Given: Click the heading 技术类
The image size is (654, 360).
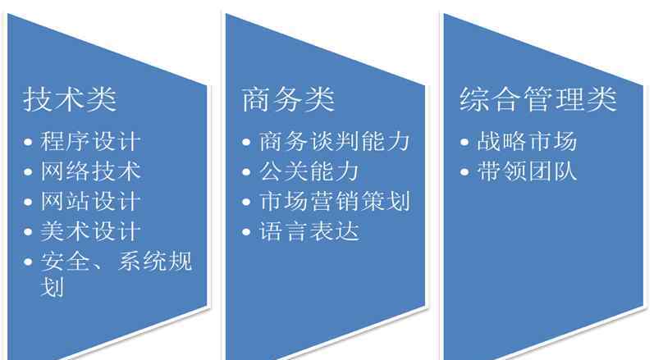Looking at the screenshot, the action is (x=70, y=99).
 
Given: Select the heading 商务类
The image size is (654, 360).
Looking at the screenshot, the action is (x=288, y=99).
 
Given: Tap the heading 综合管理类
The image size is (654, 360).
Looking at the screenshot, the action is (x=538, y=99).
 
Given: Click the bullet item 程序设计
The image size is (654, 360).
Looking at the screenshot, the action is (x=90, y=141).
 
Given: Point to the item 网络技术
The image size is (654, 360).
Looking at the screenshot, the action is (x=90, y=171).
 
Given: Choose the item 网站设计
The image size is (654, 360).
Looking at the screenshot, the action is (x=90, y=201).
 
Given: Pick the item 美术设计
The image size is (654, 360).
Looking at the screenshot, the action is (x=90, y=231).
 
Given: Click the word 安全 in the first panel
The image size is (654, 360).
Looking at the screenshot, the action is (x=65, y=262).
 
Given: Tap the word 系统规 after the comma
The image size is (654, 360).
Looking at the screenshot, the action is (x=155, y=262).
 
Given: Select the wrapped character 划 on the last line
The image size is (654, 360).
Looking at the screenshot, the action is (x=53, y=287).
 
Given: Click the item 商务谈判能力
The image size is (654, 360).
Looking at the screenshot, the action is (x=334, y=141).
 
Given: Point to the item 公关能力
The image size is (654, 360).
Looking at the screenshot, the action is (x=309, y=171).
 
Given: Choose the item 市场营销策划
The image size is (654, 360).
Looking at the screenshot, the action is (x=334, y=201).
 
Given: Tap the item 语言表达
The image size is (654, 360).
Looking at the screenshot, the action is (x=309, y=231).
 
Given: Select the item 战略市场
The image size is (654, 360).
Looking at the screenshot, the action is (x=527, y=141).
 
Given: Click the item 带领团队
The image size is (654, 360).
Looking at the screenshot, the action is (x=527, y=171).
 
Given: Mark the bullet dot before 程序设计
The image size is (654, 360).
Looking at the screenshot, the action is (x=28, y=143).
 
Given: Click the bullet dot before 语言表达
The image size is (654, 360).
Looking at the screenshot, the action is (x=246, y=233).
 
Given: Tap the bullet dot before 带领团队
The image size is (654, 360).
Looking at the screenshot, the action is (x=464, y=172).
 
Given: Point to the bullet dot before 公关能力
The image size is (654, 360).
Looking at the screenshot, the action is (x=246, y=172).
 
